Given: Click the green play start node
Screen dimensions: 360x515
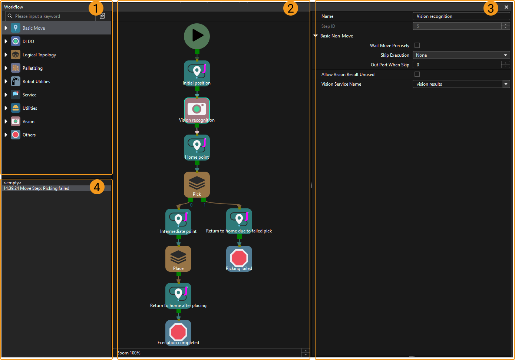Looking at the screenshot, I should (x=197, y=36).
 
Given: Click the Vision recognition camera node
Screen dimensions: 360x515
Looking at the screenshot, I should (x=197, y=109).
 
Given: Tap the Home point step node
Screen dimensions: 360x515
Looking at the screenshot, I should (x=197, y=147).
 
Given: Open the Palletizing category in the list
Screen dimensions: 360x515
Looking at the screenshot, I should (x=33, y=68).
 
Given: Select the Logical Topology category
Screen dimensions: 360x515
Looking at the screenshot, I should (x=39, y=55).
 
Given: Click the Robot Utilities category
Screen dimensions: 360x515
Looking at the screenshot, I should (x=36, y=82).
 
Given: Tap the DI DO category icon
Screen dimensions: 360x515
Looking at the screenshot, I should (x=16, y=42).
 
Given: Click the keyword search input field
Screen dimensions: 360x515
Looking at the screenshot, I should (x=52, y=16).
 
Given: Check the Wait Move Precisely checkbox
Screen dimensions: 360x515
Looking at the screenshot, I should (x=417, y=45).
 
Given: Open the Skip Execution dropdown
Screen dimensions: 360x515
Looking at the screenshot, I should (x=461, y=55).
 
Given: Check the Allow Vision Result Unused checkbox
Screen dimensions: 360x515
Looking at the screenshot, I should (x=417, y=74).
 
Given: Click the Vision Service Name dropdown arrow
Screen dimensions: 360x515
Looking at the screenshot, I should (x=506, y=84).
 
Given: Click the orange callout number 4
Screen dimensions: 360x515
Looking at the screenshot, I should (x=97, y=187).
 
